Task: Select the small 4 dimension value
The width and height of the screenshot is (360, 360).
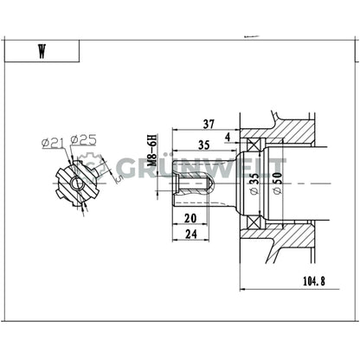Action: [228, 136]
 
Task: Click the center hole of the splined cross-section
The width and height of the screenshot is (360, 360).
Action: [76, 181]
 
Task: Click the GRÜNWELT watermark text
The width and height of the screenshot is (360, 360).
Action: [199, 168]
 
